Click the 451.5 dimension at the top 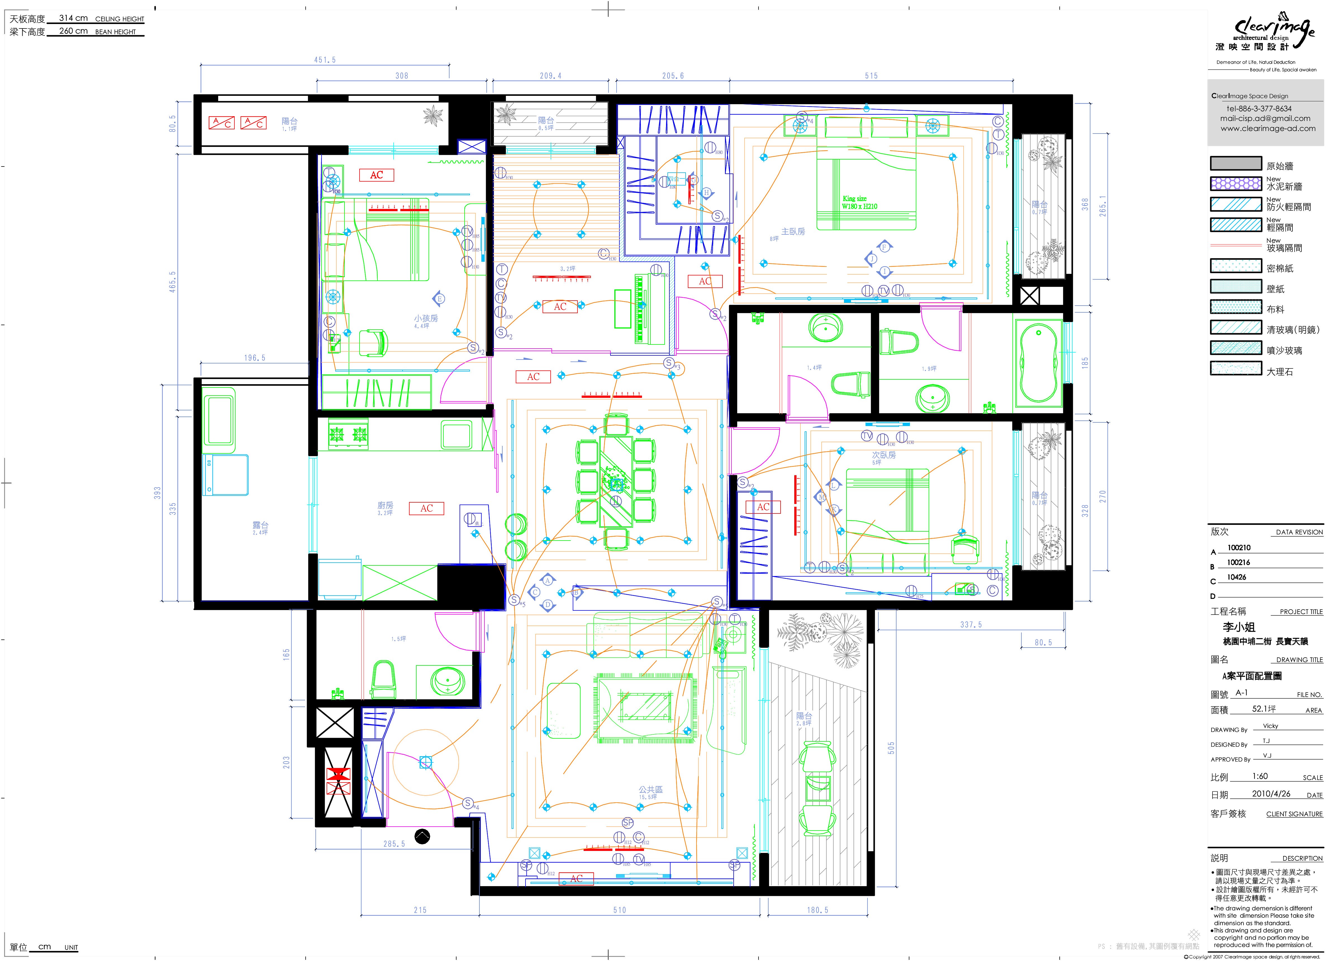point(325,60)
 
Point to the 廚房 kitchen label point(385,505)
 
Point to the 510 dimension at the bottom point(619,910)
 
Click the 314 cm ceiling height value point(73,18)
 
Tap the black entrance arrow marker point(422,836)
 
